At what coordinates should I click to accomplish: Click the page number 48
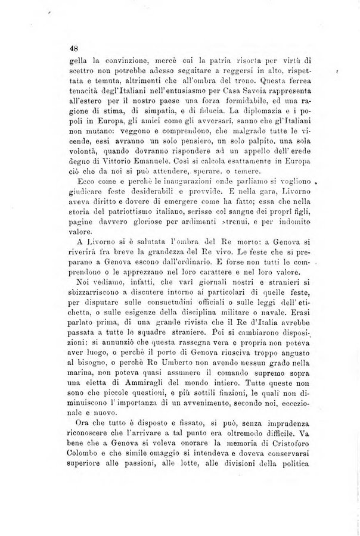[74, 49]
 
